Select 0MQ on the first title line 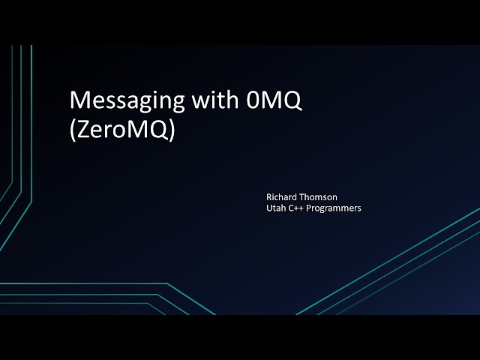pyautogui.click(x=274, y=100)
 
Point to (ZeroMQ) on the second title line pyautogui.click(x=121, y=130)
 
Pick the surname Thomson pyautogui.click(x=319, y=197)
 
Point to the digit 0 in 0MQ pyautogui.click(x=252, y=100)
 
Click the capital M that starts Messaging pyautogui.click(x=78, y=100)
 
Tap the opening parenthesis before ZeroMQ pyautogui.click(x=72, y=130)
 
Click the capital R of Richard pyautogui.click(x=269, y=197)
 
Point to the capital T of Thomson pyautogui.click(x=301, y=197)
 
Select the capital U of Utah pyautogui.click(x=269, y=208)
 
